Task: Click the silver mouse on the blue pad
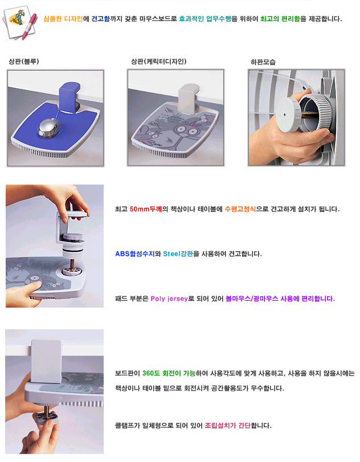pos(49,127)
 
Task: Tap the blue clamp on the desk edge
pos(69,97)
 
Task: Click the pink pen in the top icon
pos(30,26)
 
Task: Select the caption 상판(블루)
pos(24,62)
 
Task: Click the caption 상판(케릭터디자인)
pos(158,62)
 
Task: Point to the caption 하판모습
pos(263,62)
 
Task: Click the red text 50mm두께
pos(146,209)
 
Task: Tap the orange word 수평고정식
pos(240,209)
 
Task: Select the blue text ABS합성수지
pos(134,254)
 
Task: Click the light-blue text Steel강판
pos(178,254)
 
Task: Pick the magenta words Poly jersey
pos(169,299)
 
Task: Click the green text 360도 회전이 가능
pos(169,373)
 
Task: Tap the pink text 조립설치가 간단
pos(228,425)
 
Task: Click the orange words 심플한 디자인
pos(63,19)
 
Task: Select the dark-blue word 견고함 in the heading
pos(100,19)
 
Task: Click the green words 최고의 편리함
pos(280,19)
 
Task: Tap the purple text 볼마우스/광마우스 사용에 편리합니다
pos(280,299)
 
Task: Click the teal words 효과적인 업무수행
pos(205,19)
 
